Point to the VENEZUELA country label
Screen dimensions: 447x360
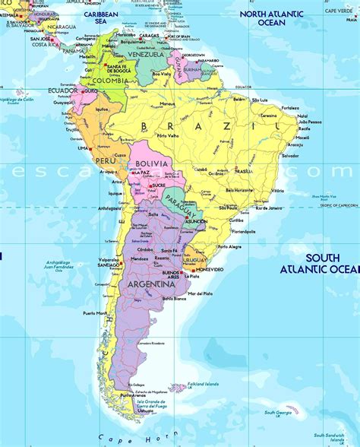(144, 55)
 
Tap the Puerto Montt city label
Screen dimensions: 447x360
(95, 313)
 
